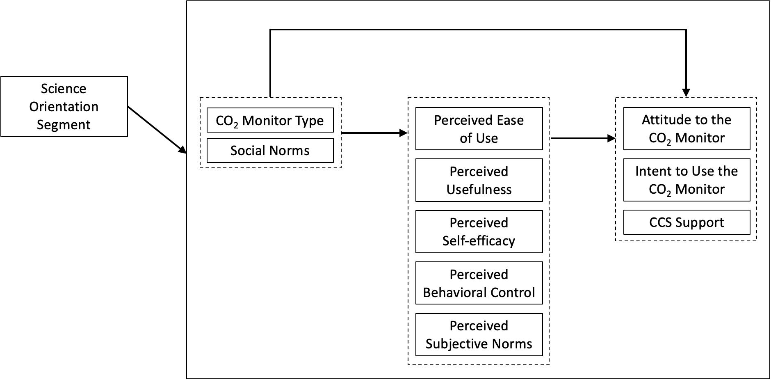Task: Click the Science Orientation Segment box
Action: (x=64, y=106)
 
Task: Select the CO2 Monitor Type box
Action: (x=270, y=120)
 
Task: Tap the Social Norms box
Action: (x=270, y=151)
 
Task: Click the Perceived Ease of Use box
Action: (x=479, y=129)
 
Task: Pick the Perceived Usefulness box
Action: (x=479, y=180)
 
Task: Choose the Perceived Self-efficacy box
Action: (x=479, y=231)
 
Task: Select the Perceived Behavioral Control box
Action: (x=479, y=283)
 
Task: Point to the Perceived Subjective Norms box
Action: (x=479, y=334)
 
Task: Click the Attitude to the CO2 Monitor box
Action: (x=687, y=128)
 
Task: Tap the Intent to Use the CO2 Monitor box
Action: (x=687, y=180)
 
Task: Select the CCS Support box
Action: (x=687, y=222)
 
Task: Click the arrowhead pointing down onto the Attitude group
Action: (x=686, y=93)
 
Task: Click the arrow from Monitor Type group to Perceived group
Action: (x=373, y=133)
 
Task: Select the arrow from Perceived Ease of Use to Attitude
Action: (x=582, y=139)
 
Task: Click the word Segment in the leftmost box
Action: (x=64, y=125)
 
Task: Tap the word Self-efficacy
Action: (x=479, y=241)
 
